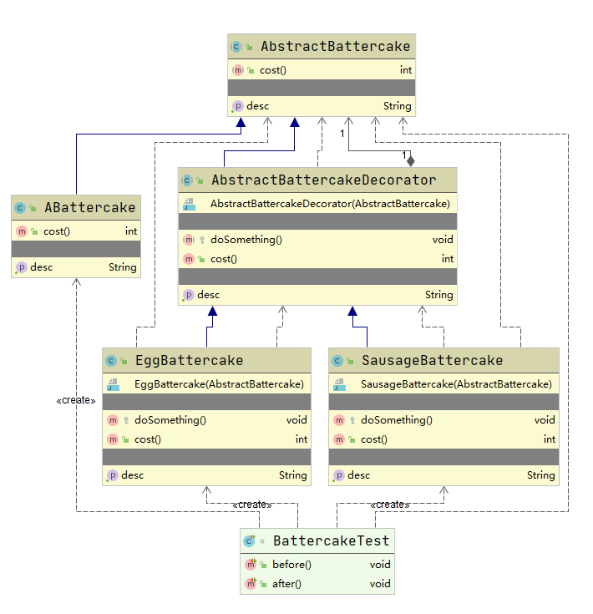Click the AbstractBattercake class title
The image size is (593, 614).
(335, 47)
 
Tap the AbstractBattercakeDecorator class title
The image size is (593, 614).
(324, 180)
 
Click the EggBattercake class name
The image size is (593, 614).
(189, 361)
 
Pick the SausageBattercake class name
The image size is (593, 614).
(432, 361)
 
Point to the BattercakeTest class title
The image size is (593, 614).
(331, 541)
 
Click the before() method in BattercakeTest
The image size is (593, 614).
(291, 565)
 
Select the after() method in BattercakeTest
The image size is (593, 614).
(286, 584)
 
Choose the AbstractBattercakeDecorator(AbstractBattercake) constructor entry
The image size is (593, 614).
(330, 204)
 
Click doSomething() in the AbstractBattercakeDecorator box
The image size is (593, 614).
(246, 240)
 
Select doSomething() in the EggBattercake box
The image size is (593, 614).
(170, 420)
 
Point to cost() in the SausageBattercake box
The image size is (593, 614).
(373, 439)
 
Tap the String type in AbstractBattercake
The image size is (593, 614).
(397, 106)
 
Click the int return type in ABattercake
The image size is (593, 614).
(131, 231)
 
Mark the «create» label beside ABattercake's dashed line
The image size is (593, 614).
(76, 400)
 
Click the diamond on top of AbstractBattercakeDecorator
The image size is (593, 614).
(410, 160)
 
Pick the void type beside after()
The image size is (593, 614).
(380, 584)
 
